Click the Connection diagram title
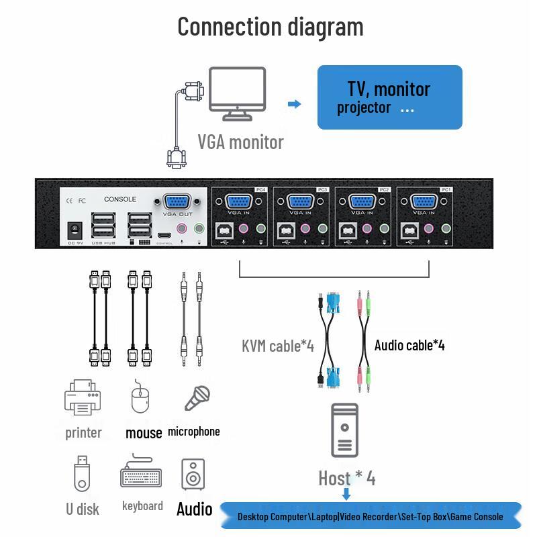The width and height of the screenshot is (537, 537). (271, 27)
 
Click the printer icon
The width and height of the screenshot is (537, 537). (83, 397)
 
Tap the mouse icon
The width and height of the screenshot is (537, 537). (140, 397)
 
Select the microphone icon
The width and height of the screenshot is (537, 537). (197, 398)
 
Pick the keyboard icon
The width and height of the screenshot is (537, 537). (142, 475)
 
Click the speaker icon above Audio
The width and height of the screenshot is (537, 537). (193, 475)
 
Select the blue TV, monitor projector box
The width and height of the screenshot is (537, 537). (389, 97)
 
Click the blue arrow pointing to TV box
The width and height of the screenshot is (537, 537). (294, 104)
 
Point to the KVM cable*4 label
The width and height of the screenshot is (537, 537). (278, 346)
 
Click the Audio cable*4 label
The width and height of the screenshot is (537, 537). (409, 345)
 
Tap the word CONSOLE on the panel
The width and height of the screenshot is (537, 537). (120, 199)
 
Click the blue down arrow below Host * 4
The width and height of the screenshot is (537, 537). (346, 495)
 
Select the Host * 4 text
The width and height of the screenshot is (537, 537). (346, 478)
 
